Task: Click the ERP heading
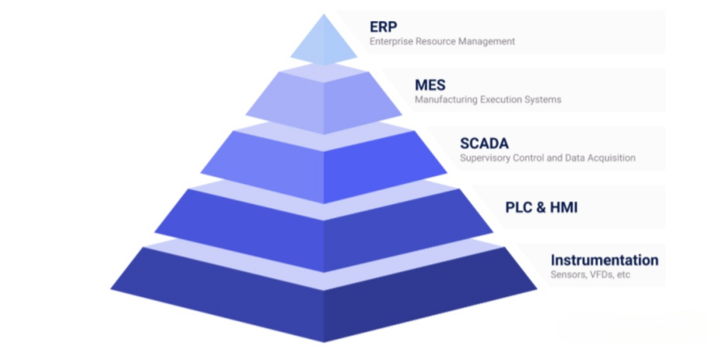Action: (x=384, y=26)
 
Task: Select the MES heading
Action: (x=430, y=85)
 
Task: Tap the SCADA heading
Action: (x=485, y=143)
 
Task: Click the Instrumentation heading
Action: (x=604, y=260)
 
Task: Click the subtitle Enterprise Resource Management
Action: (x=442, y=41)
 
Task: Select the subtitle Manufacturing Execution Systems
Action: (x=488, y=100)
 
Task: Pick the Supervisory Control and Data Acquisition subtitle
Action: (x=547, y=158)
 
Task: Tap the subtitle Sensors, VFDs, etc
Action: (x=589, y=275)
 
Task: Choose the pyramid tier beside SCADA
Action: (x=324, y=165)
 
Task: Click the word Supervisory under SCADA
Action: (x=485, y=158)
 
